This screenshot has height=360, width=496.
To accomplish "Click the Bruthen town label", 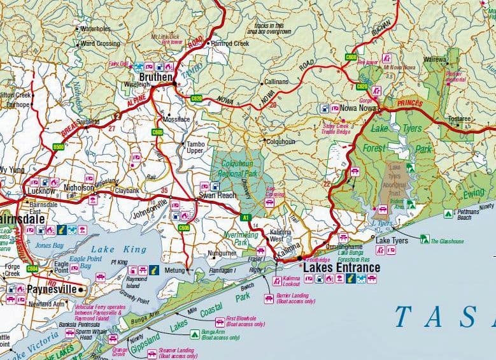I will click(153, 78).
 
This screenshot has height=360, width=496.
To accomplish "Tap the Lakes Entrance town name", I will click(341, 268).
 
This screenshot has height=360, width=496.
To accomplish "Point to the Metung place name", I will click(174, 271).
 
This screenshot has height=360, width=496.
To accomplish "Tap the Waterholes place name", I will click(96, 29).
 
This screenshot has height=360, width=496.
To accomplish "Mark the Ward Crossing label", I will click(99, 43).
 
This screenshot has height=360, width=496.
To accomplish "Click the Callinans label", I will click(276, 82).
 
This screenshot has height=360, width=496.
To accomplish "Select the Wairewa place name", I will click(436, 59).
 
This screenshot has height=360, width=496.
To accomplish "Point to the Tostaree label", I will click(459, 119).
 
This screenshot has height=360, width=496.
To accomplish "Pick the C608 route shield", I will click(351, 57).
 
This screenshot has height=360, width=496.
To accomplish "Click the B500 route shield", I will click(59, 147).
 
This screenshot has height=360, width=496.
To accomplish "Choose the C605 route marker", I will click(157, 132).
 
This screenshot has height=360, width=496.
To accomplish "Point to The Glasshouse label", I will click(448, 241).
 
